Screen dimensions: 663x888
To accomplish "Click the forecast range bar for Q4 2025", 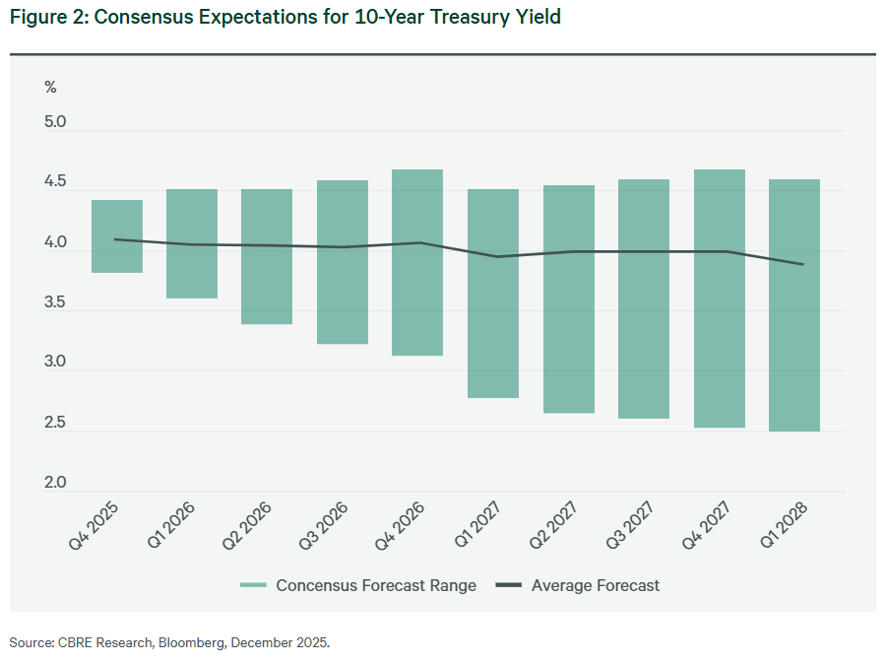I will [117, 236].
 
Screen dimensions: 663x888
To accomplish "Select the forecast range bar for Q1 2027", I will [493, 294].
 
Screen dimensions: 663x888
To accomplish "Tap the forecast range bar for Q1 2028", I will [794, 305].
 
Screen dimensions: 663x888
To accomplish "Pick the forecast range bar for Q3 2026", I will [343, 262].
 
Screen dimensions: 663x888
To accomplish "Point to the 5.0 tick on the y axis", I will [55, 123].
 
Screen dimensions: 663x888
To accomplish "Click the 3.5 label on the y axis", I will [55, 303].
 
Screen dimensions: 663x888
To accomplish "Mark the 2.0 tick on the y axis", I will [55, 484].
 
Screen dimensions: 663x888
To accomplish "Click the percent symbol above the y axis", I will [50, 87].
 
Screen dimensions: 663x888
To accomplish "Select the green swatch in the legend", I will [254, 585].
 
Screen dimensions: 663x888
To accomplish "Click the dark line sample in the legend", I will [508, 585].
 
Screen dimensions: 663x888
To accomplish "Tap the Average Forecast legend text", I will [595, 585].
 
